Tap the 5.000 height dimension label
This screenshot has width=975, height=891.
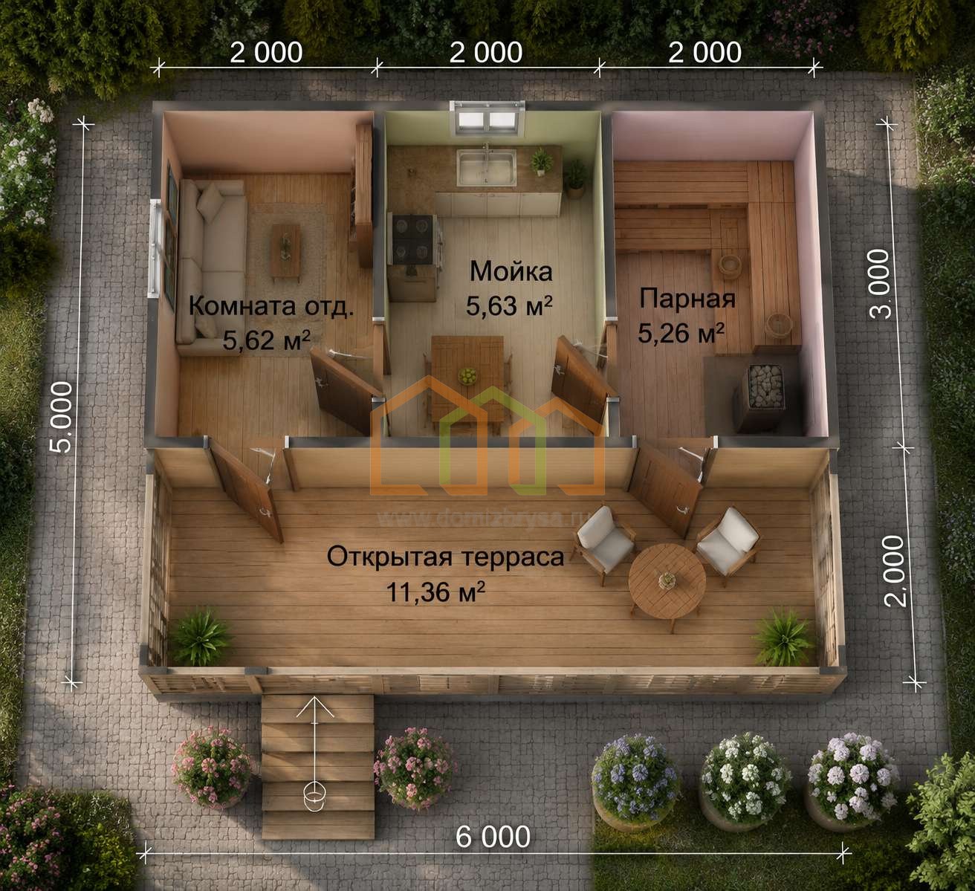62,417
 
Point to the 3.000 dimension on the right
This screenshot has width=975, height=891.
881,284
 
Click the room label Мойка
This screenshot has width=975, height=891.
511,270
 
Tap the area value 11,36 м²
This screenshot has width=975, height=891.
435,592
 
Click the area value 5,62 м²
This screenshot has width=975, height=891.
266,340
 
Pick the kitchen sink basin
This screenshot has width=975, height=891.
486,167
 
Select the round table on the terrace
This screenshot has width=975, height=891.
667,580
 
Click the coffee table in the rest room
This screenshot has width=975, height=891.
285,250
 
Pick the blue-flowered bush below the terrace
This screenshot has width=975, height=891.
635,778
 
